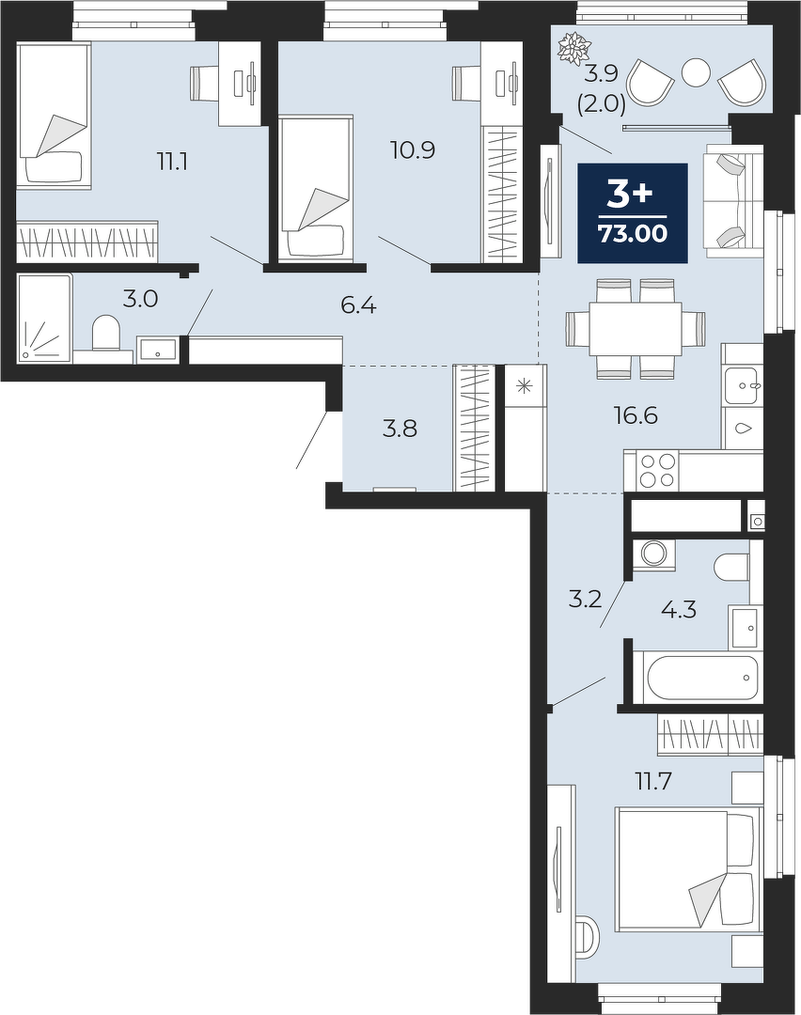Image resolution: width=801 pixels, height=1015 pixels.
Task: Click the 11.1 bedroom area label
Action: tap(172, 162)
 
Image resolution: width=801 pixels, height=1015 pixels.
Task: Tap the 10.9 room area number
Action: tap(413, 150)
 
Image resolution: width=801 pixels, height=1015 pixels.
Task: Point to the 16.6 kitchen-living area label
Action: tap(636, 415)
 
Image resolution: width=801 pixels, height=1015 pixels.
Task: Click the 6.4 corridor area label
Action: tap(359, 305)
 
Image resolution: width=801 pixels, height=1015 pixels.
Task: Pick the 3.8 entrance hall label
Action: tap(400, 429)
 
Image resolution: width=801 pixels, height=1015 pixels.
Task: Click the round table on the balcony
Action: tap(697, 71)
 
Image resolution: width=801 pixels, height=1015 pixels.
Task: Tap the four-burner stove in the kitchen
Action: tap(658, 471)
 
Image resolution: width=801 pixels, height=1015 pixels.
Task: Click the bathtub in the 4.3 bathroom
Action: tap(698, 677)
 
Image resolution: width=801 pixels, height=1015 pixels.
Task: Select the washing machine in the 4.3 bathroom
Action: tap(653, 554)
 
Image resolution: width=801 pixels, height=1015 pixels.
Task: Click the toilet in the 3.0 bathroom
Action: tap(106, 332)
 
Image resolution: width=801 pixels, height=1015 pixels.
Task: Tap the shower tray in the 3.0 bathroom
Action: tap(45, 317)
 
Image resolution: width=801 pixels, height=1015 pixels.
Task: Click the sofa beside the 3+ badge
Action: tap(734, 197)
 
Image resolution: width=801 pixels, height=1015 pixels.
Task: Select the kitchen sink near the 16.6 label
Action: tap(744, 385)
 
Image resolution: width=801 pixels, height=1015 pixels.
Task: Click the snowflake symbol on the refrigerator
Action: tap(525, 386)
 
